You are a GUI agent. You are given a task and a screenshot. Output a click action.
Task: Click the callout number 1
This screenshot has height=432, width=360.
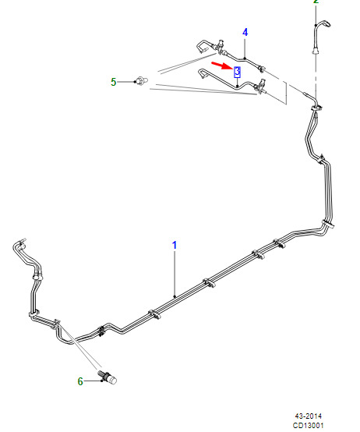(x=175, y=245)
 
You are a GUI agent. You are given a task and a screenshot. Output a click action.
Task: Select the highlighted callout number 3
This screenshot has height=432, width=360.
(x=237, y=72)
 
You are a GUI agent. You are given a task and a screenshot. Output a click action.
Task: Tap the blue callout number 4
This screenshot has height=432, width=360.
(x=245, y=32)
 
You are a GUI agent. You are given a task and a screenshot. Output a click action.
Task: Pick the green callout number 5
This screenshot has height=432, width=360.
(x=114, y=82)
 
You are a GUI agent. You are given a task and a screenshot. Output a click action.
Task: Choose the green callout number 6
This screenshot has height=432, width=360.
(x=80, y=381)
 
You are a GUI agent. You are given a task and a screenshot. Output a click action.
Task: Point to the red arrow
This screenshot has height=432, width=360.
(x=222, y=66)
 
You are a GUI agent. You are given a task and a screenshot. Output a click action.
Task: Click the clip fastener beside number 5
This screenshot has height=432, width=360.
(x=142, y=81)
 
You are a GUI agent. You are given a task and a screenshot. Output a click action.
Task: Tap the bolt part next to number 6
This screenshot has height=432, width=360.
(x=108, y=377)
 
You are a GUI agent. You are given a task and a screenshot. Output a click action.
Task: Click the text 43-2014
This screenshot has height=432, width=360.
(x=309, y=416)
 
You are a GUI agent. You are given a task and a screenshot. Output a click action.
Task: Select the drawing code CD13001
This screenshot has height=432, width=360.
(x=309, y=426)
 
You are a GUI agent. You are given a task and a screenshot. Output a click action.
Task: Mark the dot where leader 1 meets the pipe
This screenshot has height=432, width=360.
(x=175, y=296)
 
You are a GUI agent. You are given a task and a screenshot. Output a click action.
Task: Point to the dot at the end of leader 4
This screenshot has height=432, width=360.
(x=245, y=58)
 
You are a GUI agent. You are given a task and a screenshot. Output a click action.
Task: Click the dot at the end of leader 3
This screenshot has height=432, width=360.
(x=237, y=87)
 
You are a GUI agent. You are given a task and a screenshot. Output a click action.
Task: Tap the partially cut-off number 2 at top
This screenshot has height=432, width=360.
(x=316, y=2)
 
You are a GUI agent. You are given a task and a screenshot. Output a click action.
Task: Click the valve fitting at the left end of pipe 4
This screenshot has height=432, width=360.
(x=220, y=47)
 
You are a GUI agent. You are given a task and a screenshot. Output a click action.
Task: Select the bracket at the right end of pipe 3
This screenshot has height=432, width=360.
(x=261, y=86)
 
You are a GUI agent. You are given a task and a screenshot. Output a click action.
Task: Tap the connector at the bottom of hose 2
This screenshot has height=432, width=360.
(x=316, y=51)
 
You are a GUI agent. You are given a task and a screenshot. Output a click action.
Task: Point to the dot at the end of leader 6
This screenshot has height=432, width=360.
(x=102, y=381)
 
